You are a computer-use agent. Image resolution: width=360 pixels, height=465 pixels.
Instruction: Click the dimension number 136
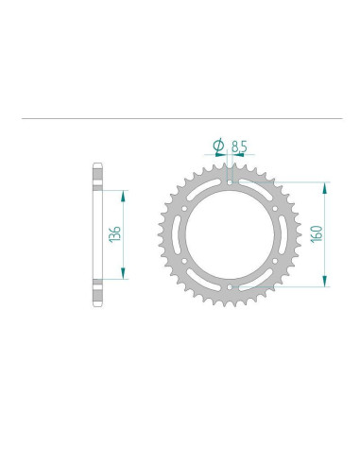click(114, 234)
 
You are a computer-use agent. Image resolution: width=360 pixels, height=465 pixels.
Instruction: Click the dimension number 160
click(317, 233)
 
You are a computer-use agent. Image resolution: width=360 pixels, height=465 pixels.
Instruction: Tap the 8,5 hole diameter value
click(239, 146)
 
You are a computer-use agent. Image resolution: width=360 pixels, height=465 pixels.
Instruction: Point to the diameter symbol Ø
click(218, 146)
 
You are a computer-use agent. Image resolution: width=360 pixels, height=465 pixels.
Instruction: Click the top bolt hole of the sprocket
click(230, 182)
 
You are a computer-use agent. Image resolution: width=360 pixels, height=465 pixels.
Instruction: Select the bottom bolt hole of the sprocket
click(230, 287)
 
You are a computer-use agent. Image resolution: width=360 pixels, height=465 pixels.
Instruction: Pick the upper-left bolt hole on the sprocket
click(184, 209)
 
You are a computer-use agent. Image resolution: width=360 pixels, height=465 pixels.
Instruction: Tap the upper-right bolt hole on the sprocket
click(275, 209)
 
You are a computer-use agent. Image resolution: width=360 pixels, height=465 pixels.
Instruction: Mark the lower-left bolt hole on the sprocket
click(184, 261)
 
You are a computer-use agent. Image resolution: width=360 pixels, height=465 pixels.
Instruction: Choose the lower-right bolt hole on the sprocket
click(275, 261)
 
